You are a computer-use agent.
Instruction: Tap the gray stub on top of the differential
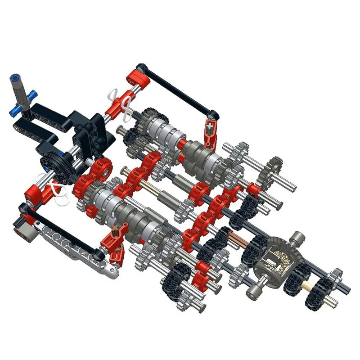297,238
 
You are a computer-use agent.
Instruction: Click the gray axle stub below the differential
254,290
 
